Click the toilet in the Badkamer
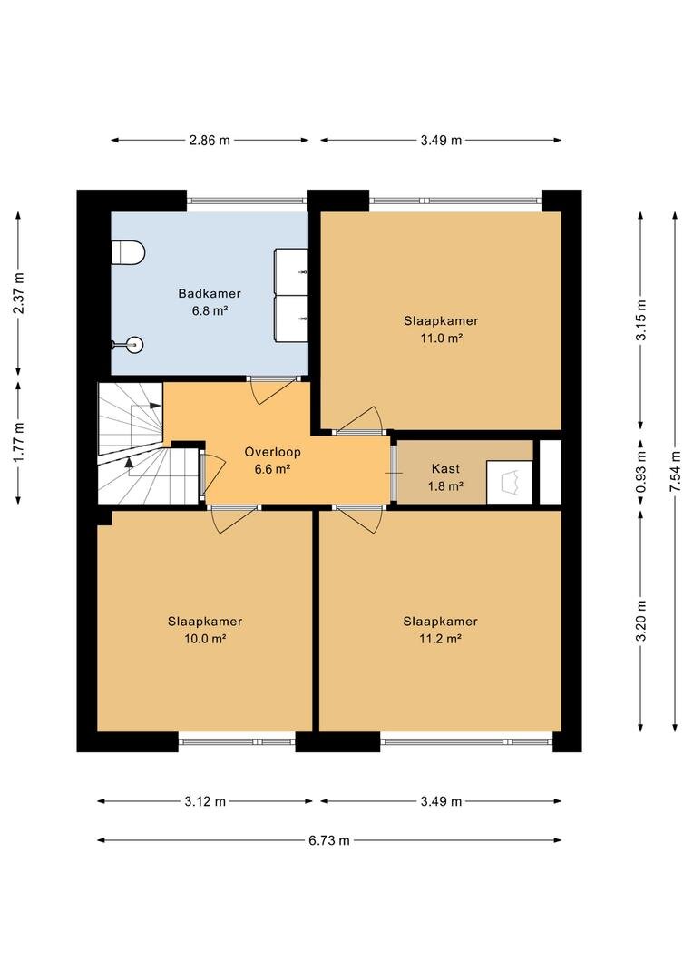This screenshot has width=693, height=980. coord(128,252)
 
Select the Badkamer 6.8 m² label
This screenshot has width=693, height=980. coord(210,301)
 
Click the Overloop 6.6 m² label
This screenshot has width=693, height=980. coord(272,461)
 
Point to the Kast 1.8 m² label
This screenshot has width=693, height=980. coord(445,477)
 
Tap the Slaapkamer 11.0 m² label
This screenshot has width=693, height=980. coord(441,329)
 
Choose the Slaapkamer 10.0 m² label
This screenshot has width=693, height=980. coord(205,630)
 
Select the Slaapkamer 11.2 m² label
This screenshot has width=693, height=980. coord(441,630)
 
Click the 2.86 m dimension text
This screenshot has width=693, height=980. coord(210,141)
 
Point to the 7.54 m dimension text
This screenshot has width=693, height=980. coord(675,471)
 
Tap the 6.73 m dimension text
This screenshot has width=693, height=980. coord(328,840)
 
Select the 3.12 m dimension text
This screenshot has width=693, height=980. coord(205,801)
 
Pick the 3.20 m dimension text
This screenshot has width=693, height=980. coord(640,620)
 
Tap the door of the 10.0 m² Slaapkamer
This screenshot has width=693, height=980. coord(236,520)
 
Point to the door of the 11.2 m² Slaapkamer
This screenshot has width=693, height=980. coord(361,520)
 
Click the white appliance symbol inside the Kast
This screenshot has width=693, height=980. coord(509,482)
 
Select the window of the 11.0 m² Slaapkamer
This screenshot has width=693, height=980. coord(455,201)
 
